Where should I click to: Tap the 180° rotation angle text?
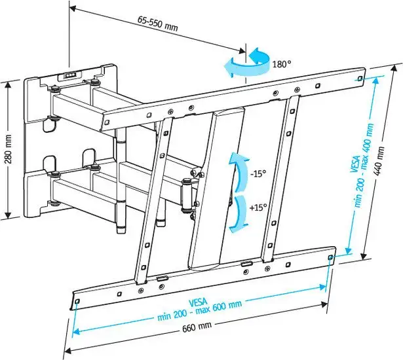(281, 64)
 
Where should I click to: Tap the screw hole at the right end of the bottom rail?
(329, 259)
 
